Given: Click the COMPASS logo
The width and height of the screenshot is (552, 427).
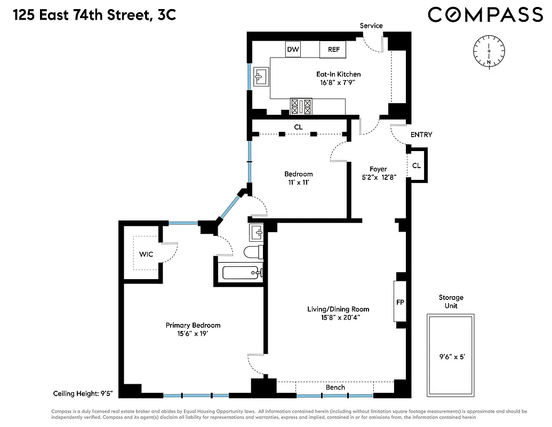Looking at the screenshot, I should pyautogui.click(x=485, y=15).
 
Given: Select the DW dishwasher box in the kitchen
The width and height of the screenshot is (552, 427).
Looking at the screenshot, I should pyautogui.click(x=293, y=50).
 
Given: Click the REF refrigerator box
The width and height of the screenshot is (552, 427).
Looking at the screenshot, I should pyautogui.click(x=333, y=50).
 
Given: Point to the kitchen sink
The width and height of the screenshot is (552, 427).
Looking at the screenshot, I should pyautogui.click(x=261, y=77).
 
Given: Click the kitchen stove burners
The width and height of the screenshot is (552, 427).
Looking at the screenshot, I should pyautogui.click(x=301, y=106).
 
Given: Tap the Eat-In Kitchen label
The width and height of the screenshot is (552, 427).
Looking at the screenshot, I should pyautogui.click(x=338, y=74).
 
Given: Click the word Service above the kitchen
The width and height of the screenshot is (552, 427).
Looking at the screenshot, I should pyautogui.click(x=371, y=26).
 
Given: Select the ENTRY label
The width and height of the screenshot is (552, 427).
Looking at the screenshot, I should pyautogui.click(x=421, y=135).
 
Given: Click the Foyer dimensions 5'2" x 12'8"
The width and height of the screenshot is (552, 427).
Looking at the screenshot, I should pyautogui.click(x=378, y=178).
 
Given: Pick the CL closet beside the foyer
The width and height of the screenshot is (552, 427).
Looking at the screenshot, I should pyautogui.click(x=417, y=166).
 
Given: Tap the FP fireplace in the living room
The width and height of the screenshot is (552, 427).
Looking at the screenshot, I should pyautogui.click(x=400, y=302).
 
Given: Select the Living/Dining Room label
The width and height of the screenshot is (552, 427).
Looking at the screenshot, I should pyautogui.click(x=338, y=313).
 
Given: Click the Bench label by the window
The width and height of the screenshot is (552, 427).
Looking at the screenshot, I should pyautogui.click(x=335, y=388).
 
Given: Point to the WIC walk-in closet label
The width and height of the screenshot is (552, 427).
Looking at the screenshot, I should pyautogui.click(x=146, y=254).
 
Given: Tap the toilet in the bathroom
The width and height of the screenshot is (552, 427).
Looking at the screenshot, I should pyautogui.click(x=252, y=251).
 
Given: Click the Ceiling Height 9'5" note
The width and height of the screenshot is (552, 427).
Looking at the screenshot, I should pyautogui.click(x=83, y=394).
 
